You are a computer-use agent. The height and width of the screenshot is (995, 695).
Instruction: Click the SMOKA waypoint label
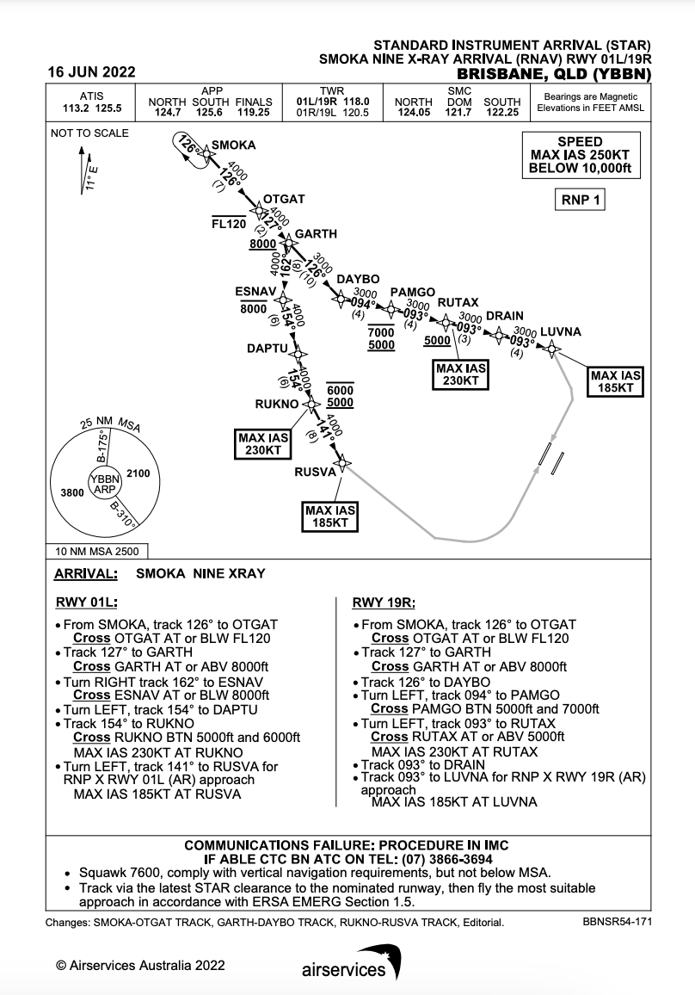233,145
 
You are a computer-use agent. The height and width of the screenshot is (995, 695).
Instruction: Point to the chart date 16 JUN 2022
92,72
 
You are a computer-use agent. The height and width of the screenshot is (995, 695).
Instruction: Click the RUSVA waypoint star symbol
342,464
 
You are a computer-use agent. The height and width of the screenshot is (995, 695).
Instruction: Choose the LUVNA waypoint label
561,332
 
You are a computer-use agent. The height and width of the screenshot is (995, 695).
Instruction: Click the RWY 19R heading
381,603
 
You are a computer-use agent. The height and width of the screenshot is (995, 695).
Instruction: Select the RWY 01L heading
86,603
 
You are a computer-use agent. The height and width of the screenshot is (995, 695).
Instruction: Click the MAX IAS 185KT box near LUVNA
616,381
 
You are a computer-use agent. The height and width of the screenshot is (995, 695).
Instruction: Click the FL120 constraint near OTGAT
229,223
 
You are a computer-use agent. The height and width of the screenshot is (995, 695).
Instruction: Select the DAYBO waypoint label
358,281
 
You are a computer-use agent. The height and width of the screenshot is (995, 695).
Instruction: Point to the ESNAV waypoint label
255,292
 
